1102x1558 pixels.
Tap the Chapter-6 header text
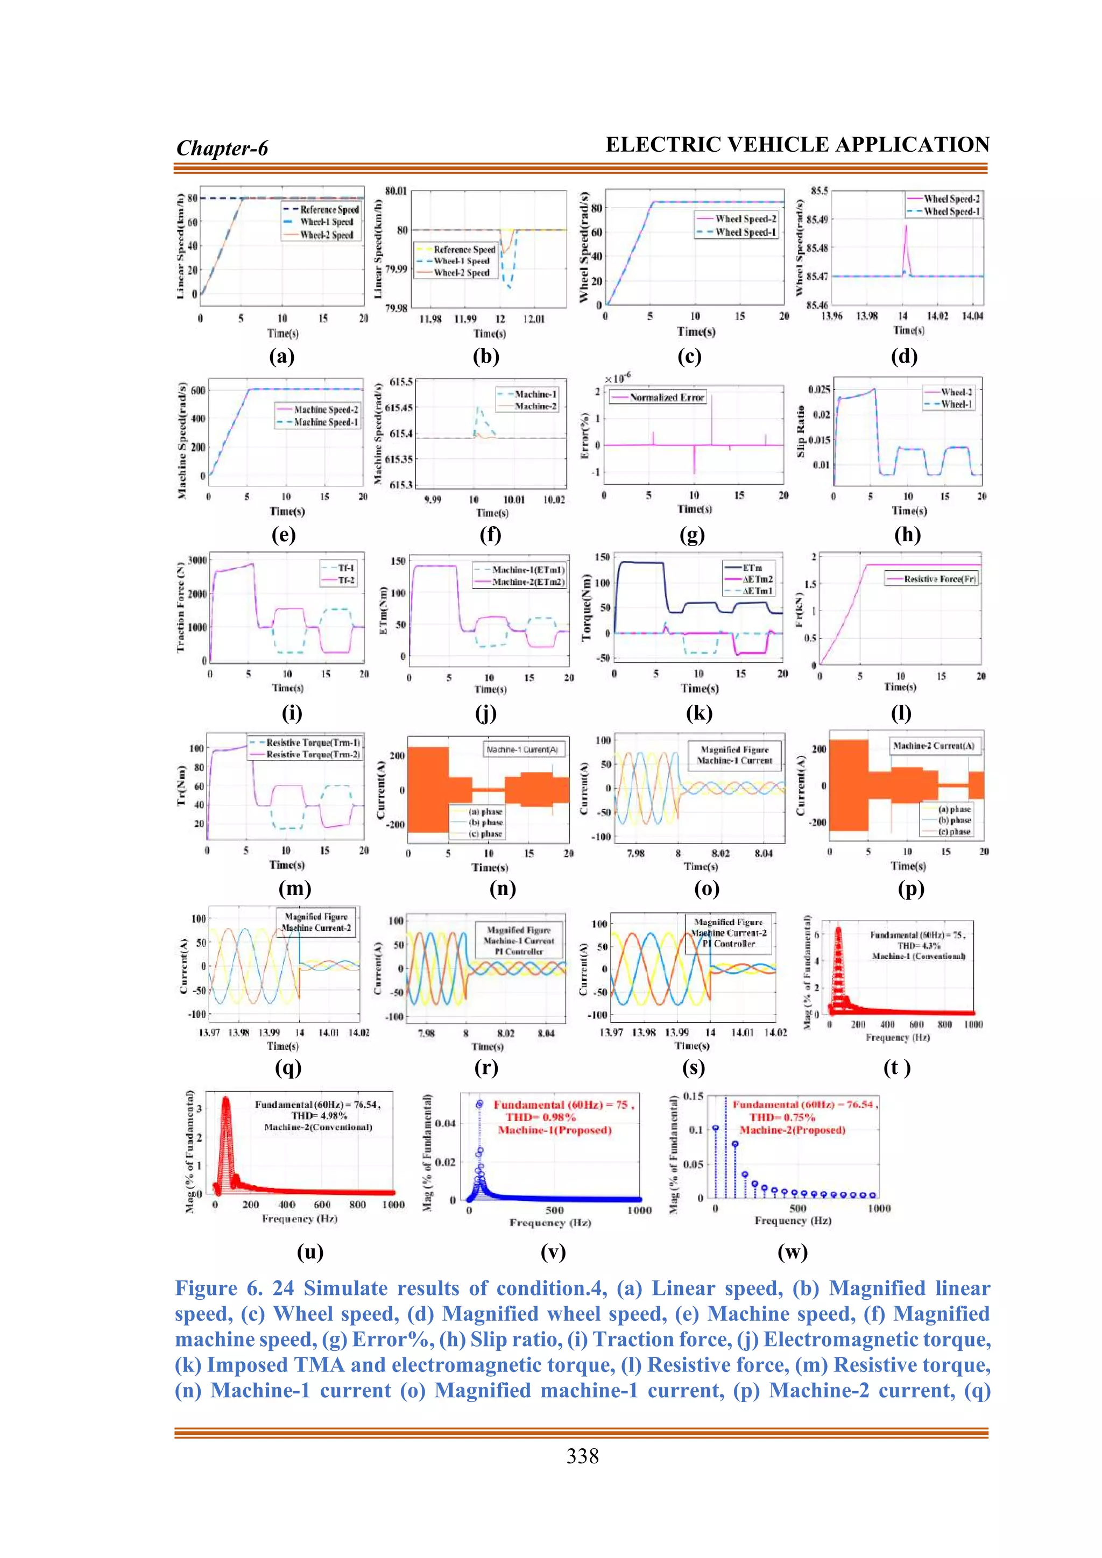pyautogui.click(x=222, y=148)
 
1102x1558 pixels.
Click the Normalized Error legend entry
pyautogui.click(x=666, y=398)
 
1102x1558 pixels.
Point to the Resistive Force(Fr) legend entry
pyautogui.click(x=939, y=579)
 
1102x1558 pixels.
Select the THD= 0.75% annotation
pyautogui.click(x=782, y=1117)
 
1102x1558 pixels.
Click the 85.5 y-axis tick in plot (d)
pyautogui.click(x=819, y=190)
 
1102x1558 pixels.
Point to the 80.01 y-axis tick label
pyautogui.click(x=395, y=190)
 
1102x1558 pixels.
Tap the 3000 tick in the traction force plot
pyautogui.click(x=197, y=561)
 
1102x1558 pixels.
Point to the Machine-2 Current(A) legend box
pyautogui.click(x=933, y=746)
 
